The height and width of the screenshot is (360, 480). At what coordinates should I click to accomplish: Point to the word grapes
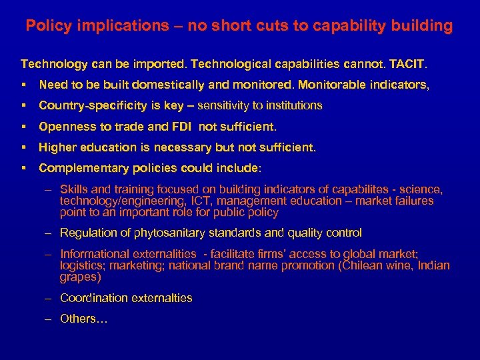(x=80, y=276)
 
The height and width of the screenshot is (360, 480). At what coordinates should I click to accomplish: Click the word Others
(x=80, y=319)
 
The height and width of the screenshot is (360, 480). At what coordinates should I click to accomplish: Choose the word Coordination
(x=93, y=298)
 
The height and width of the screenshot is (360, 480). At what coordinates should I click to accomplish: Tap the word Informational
(x=92, y=254)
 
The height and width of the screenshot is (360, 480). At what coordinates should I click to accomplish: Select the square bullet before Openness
(x=23, y=126)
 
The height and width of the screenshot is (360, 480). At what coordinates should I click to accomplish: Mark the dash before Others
(x=48, y=319)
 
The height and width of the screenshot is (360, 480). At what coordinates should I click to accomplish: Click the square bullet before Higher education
(x=23, y=147)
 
